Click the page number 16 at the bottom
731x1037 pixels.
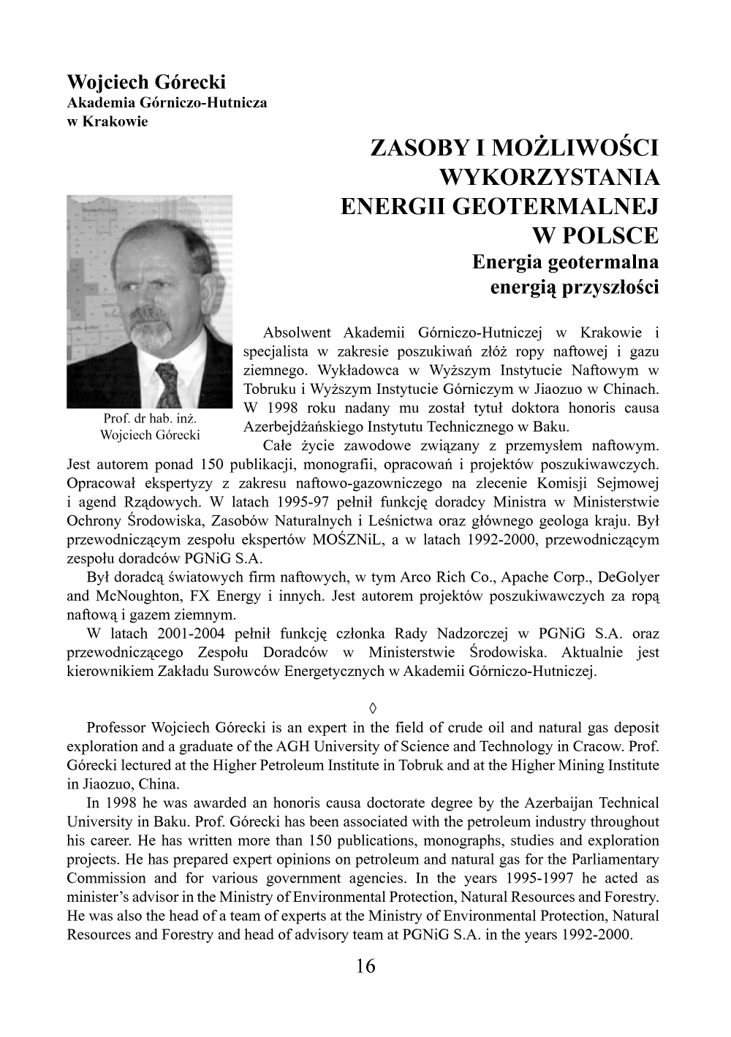point(365,966)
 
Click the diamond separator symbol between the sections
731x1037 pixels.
point(373,707)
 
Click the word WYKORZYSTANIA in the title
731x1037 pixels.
point(549,178)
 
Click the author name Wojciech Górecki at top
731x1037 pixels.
point(146,81)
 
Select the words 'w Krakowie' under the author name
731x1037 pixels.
point(107,121)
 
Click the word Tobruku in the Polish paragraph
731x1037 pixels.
point(268,390)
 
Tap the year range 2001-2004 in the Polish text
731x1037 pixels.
point(188,634)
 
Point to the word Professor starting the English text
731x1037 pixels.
point(116,728)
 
